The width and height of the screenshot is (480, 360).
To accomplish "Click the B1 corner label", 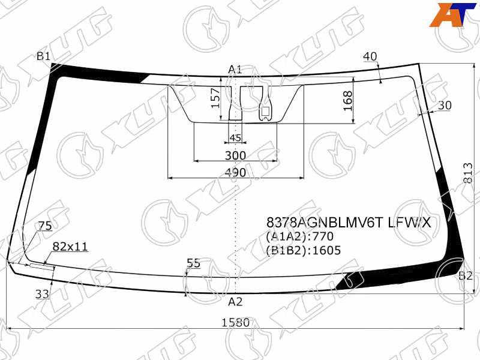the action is point(43,56).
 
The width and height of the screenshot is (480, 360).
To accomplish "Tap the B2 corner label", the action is point(466,276).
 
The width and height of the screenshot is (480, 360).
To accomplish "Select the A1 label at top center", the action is point(235,70).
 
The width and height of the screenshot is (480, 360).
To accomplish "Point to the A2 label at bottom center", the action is point(235,302).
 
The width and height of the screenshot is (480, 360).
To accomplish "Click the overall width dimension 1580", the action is point(235,322).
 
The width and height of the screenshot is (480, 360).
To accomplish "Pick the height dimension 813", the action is point(468,173).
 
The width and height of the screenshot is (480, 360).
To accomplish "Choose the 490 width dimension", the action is point(235,173).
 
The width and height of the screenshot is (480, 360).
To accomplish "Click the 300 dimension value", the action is point(235,155).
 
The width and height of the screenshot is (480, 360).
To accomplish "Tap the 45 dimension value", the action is point(235,138).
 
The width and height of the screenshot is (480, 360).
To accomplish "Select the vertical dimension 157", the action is point(215,98).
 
